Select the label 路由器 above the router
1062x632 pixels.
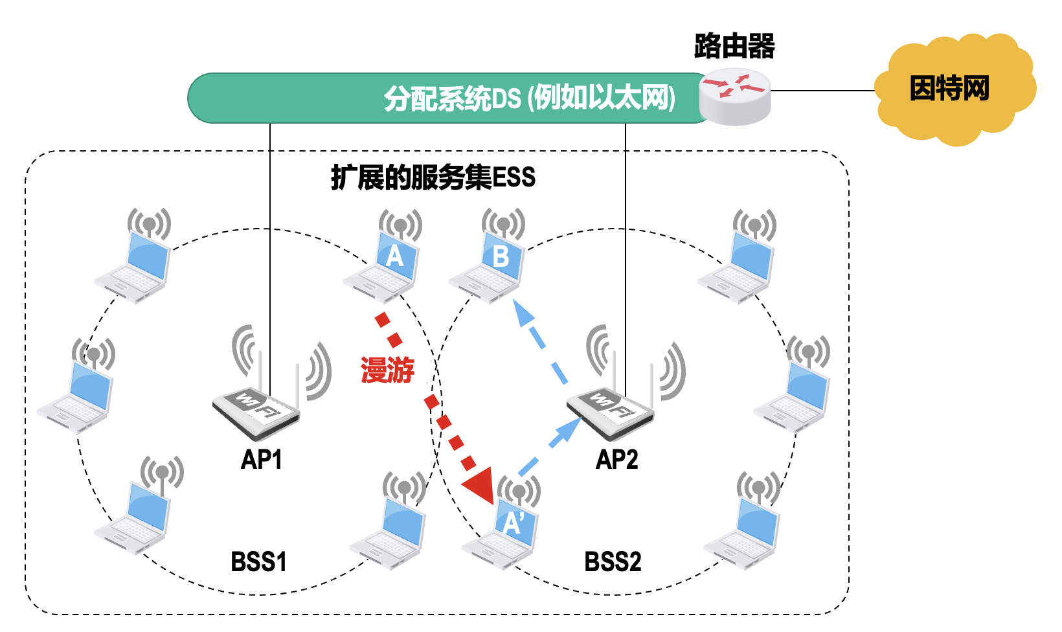734,46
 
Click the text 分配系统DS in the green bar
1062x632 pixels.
452,99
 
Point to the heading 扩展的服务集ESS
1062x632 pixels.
433,177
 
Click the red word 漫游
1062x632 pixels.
387,370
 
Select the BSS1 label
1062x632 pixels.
258,561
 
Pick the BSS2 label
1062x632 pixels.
613,561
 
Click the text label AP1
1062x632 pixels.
261,460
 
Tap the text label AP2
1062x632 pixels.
616,460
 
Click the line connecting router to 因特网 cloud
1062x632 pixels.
822,91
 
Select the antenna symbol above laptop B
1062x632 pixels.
503,224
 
